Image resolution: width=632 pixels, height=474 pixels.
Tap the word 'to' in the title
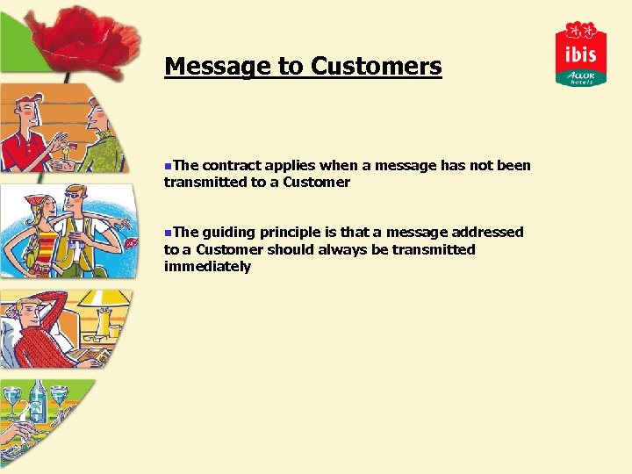pyautogui.click(x=291, y=67)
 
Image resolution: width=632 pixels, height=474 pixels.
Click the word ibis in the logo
pyautogui.click(x=580, y=54)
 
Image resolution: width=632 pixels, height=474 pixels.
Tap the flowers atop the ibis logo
pyautogui.click(x=580, y=31)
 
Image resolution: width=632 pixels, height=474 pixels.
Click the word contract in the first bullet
pyautogui.click(x=231, y=165)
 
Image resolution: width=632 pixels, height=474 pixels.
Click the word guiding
pyautogui.click(x=228, y=232)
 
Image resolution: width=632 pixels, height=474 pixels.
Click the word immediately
pyautogui.click(x=207, y=266)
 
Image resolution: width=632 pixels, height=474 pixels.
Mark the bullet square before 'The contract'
pyautogui.click(x=167, y=165)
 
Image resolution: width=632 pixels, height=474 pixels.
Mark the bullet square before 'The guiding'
pyautogui.click(x=167, y=232)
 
